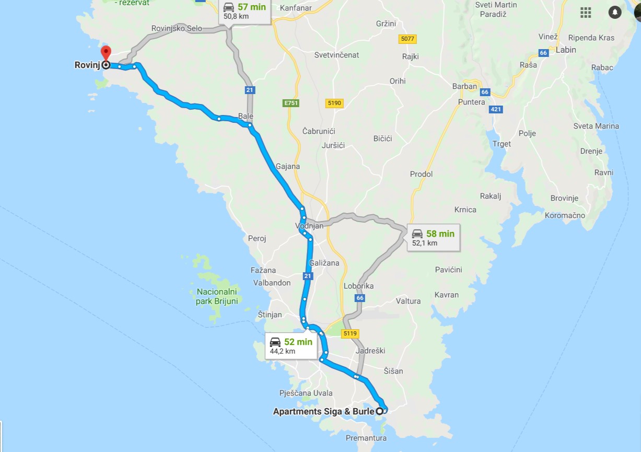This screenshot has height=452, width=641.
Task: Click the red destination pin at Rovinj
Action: pyautogui.click(x=106, y=53)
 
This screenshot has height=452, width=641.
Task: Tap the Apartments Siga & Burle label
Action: pyautogui.click(x=323, y=411)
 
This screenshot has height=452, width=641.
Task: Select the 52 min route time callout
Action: pyautogui.click(x=292, y=345)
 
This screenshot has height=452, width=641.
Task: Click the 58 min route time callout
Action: pyautogui.click(x=433, y=238)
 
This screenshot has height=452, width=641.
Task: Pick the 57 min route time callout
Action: pyautogui.click(x=244, y=11)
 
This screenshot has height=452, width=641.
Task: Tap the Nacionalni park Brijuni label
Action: pyautogui.click(x=217, y=296)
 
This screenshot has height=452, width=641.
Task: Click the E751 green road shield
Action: pyautogui.click(x=291, y=103)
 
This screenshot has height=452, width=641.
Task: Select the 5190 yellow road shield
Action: pyautogui.click(x=334, y=103)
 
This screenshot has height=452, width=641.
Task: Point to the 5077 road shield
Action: pyautogui.click(x=407, y=39)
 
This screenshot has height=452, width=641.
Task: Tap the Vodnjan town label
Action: pyautogui.click(x=309, y=226)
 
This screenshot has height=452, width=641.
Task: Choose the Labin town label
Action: pyautogui.click(x=566, y=50)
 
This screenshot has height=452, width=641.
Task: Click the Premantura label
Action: pyautogui.click(x=366, y=438)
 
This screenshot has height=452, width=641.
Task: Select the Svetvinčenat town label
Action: pyautogui.click(x=336, y=55)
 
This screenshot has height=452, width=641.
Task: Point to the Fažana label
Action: pyautogui.click(x=263, y=270)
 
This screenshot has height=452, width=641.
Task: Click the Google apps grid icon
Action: pyautogui.click(x=586, y=13)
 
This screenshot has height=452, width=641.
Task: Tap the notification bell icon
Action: pyautogui.click(x=615, y=13)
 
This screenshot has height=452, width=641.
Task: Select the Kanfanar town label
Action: pyautogui.click(x=296, y=8)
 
